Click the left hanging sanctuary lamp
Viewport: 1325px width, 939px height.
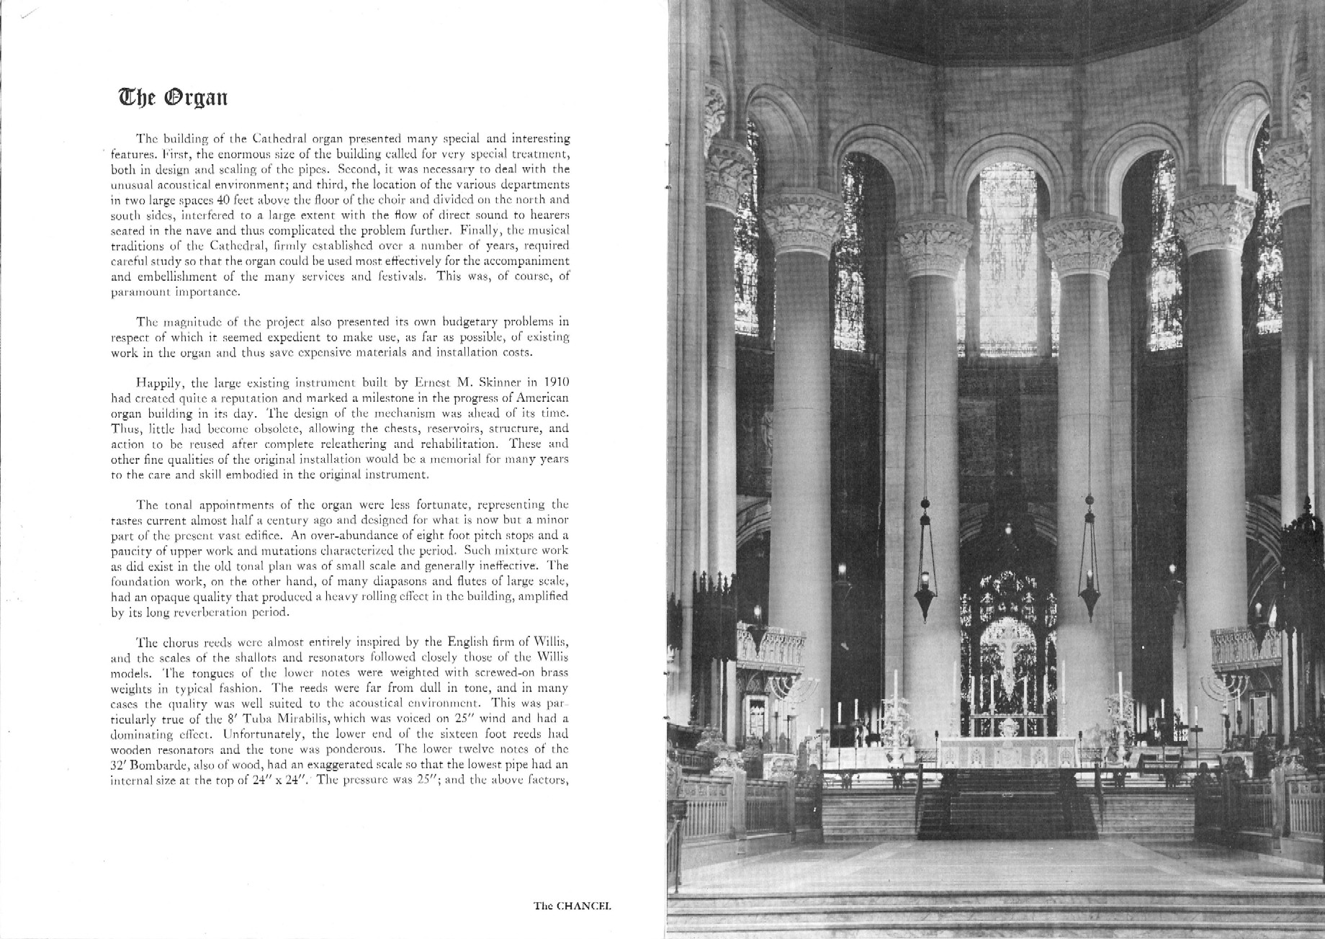(925, 583)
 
